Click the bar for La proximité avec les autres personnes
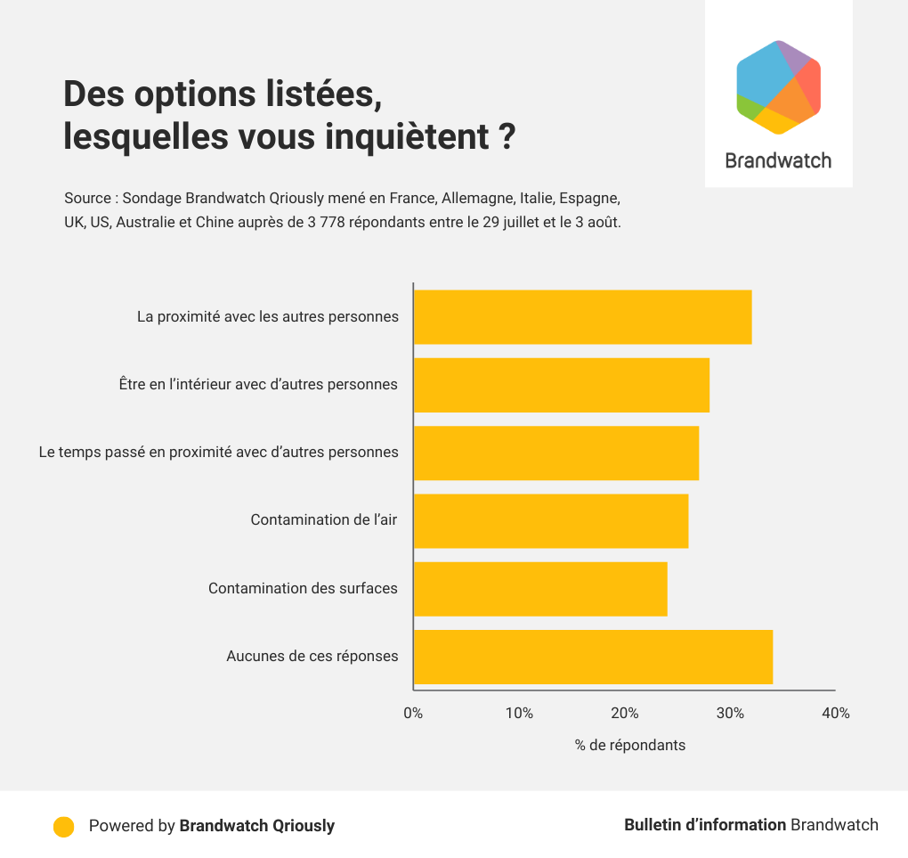tap(582, 317)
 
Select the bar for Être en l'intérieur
tap(562, 385)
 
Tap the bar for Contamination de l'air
tap(551, 521)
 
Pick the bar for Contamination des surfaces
tap(540, 589)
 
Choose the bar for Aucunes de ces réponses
tap(593, 658)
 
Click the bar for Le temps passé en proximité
tap(556, 454)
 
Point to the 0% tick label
tap(413, 714)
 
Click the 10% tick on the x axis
tap(519, 714)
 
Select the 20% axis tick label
tap(625, 714)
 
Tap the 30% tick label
tap(730, 714)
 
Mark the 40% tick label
tap(836, 714)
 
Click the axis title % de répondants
tap(630, 745)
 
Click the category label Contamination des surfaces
tap(303, 588)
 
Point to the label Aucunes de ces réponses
tap(312, 657)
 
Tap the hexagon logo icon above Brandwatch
tap(778, 87)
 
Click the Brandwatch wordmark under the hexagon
tap(778, 160)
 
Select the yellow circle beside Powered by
tap(63, 826)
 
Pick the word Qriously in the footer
tap(304, 826)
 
